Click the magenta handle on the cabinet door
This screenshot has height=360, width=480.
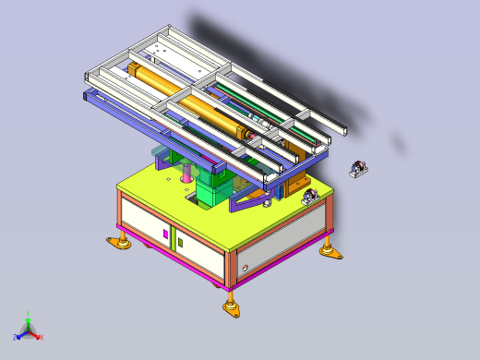tap(166, 234)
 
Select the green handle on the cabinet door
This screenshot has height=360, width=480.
tap(179, 243)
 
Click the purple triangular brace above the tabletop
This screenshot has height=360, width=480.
tap(247, 199)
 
